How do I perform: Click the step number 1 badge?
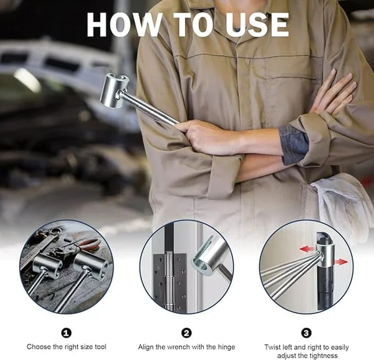(x=67, y=333)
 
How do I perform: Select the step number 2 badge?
(x=186, y=333)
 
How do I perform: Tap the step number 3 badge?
(x=306, y=333)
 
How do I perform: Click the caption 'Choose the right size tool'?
(x=67, y=346)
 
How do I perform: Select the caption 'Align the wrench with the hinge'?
(x=186, y=346)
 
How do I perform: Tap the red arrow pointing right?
(x=341, y=262)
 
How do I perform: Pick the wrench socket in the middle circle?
(x=208, y=254)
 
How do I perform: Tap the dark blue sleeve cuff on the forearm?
(x=294, y=144)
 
